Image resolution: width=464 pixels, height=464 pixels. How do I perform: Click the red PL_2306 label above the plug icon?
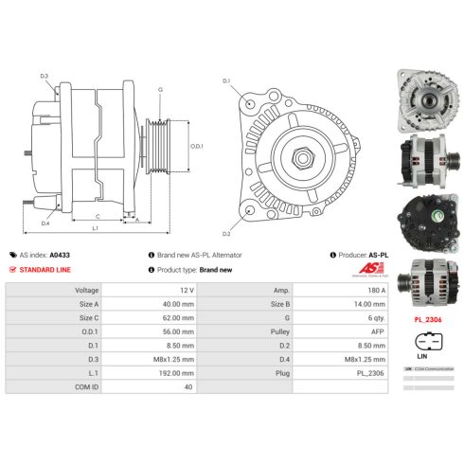click(x=427, y=320)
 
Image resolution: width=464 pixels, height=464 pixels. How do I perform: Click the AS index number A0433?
click(x=60, y=256)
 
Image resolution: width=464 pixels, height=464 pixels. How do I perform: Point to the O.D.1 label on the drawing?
click(x=197, y=147)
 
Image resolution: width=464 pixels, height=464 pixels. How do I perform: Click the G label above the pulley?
click(x=159, y=89)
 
